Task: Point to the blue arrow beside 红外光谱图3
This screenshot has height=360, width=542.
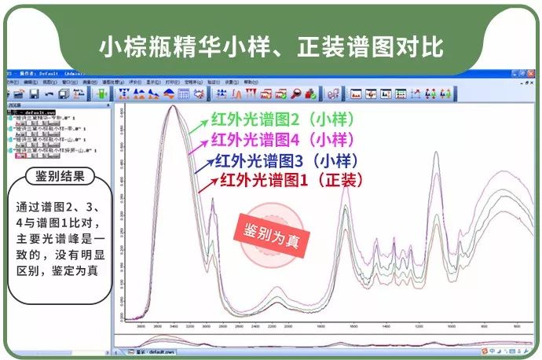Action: pos(206,167)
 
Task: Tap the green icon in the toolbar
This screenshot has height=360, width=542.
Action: pos(100,94)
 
